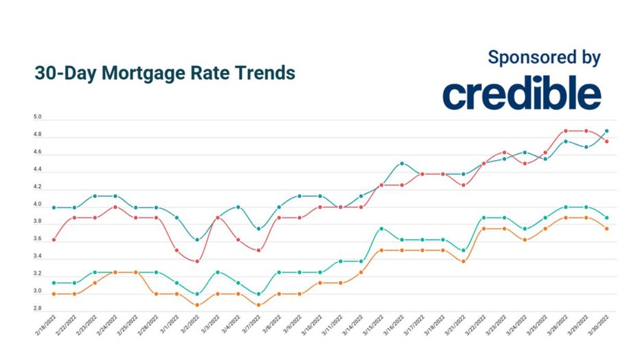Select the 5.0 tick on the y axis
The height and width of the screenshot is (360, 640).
38,117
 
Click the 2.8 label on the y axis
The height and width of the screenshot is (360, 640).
38,309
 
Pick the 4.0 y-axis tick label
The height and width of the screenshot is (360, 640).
38,204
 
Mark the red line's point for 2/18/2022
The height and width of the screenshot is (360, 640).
54,240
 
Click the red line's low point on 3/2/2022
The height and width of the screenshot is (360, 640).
198,261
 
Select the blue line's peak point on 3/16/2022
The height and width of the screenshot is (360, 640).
402,164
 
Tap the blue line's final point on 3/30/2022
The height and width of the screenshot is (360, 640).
606,131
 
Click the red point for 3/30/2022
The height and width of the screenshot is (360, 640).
606,142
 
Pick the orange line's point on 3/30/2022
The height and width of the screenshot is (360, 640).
606,229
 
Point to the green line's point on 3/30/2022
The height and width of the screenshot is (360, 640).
606,218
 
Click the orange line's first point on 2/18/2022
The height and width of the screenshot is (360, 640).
54,294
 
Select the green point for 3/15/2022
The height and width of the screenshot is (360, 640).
382,229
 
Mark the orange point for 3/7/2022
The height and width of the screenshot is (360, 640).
259,305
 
